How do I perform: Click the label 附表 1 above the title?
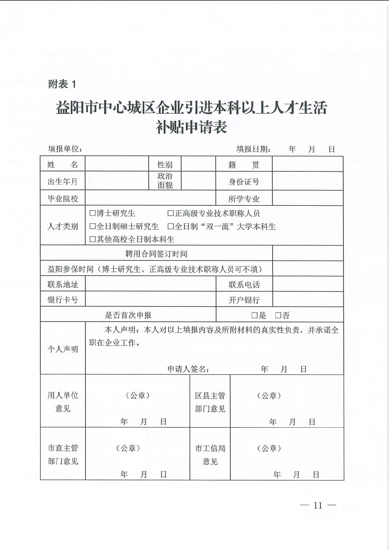point(62,84)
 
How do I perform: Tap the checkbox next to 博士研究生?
point(92,213)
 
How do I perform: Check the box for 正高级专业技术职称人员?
point(170,213)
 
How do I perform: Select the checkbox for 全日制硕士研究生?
point(92,226)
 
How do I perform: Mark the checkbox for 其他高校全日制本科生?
point(92,239)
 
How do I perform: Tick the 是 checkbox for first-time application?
point(254,315)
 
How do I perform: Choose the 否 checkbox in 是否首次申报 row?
point(278,315)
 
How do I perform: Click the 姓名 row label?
point(62,164)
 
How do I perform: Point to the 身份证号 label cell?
point(244,181)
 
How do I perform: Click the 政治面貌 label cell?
point(165,181)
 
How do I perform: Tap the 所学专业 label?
point(244,199)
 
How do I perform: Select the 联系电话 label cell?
point(244,284)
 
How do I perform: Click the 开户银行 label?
point(244,300)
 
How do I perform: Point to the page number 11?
point(318,505)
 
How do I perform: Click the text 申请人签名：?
point(188,369)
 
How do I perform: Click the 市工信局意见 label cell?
point(210,455)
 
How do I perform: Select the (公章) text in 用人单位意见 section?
point(138,396)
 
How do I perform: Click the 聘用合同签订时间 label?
point(156,254)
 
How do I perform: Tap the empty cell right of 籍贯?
point(308,164)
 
